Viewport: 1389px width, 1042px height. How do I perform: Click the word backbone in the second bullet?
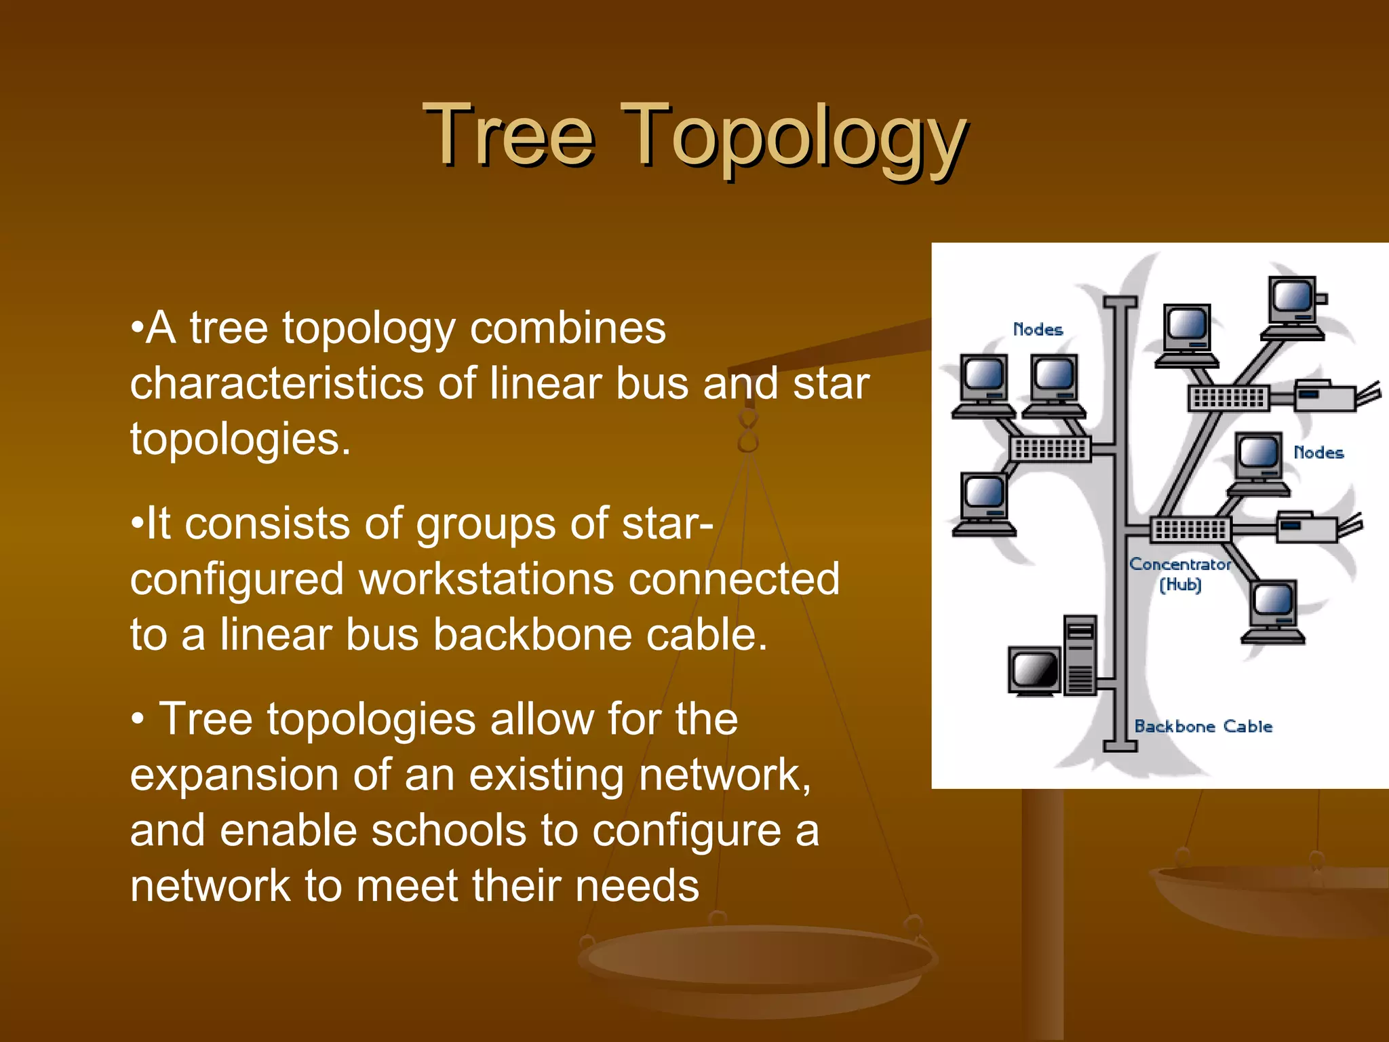click(532, 635)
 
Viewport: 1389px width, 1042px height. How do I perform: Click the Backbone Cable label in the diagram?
click(1202, 727)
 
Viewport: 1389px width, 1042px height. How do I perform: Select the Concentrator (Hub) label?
click(1180, 574)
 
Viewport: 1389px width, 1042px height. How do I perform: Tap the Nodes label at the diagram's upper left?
click(1038, 330)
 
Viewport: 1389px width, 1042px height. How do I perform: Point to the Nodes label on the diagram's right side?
click(1318, 452)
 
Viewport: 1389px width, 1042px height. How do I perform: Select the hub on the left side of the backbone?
click(1050, 448)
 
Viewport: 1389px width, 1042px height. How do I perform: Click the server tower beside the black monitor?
click(1080, 655)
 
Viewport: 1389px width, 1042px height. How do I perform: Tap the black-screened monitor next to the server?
click(1034, 671)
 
